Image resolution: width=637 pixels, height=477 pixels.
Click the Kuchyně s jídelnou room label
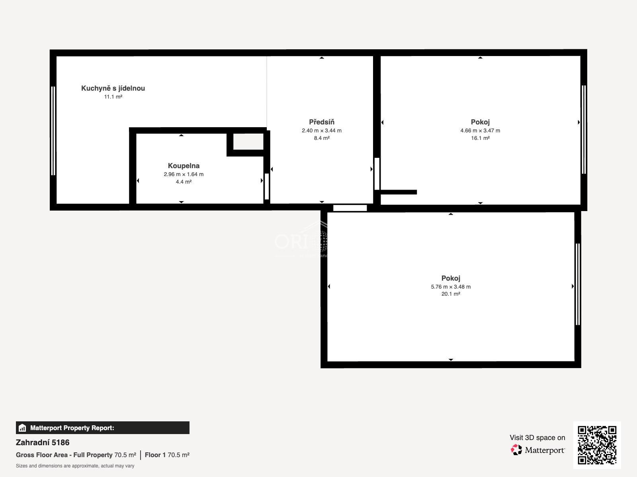coord(113,88)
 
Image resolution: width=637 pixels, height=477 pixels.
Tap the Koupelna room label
coord(184,166)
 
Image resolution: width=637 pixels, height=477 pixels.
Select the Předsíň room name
coord(322,122)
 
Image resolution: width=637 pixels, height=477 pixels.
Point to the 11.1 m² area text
coord(113,97)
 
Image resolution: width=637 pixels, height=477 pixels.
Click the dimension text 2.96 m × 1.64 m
coord(184,175)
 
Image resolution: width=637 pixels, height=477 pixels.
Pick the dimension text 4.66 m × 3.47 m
coord(480,131)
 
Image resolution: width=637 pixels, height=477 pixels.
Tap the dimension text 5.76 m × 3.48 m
coord(451,287)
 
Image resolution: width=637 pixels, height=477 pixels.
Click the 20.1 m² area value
coord(451,294)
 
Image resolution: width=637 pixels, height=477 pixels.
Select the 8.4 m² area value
coord(322,138)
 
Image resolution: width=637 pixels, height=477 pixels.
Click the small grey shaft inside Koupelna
coord(248,142)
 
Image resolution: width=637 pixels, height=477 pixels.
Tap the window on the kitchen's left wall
coord(53,131)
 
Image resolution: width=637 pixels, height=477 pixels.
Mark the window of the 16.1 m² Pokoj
coord(584,130)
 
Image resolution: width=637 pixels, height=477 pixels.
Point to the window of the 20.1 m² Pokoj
coord(578,284)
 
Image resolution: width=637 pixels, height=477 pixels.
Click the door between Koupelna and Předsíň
coord(267,186)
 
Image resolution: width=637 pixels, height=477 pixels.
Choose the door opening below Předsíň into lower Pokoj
coord(350,208)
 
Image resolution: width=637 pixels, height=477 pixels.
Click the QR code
coord(597,445)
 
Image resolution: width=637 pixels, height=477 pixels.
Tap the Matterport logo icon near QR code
coord(516,450)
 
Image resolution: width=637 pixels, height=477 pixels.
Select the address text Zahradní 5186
coord(43,442)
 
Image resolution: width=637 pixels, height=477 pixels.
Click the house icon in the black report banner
coord(22,428)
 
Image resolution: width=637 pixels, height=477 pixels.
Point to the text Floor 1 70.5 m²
coord(167,455)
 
